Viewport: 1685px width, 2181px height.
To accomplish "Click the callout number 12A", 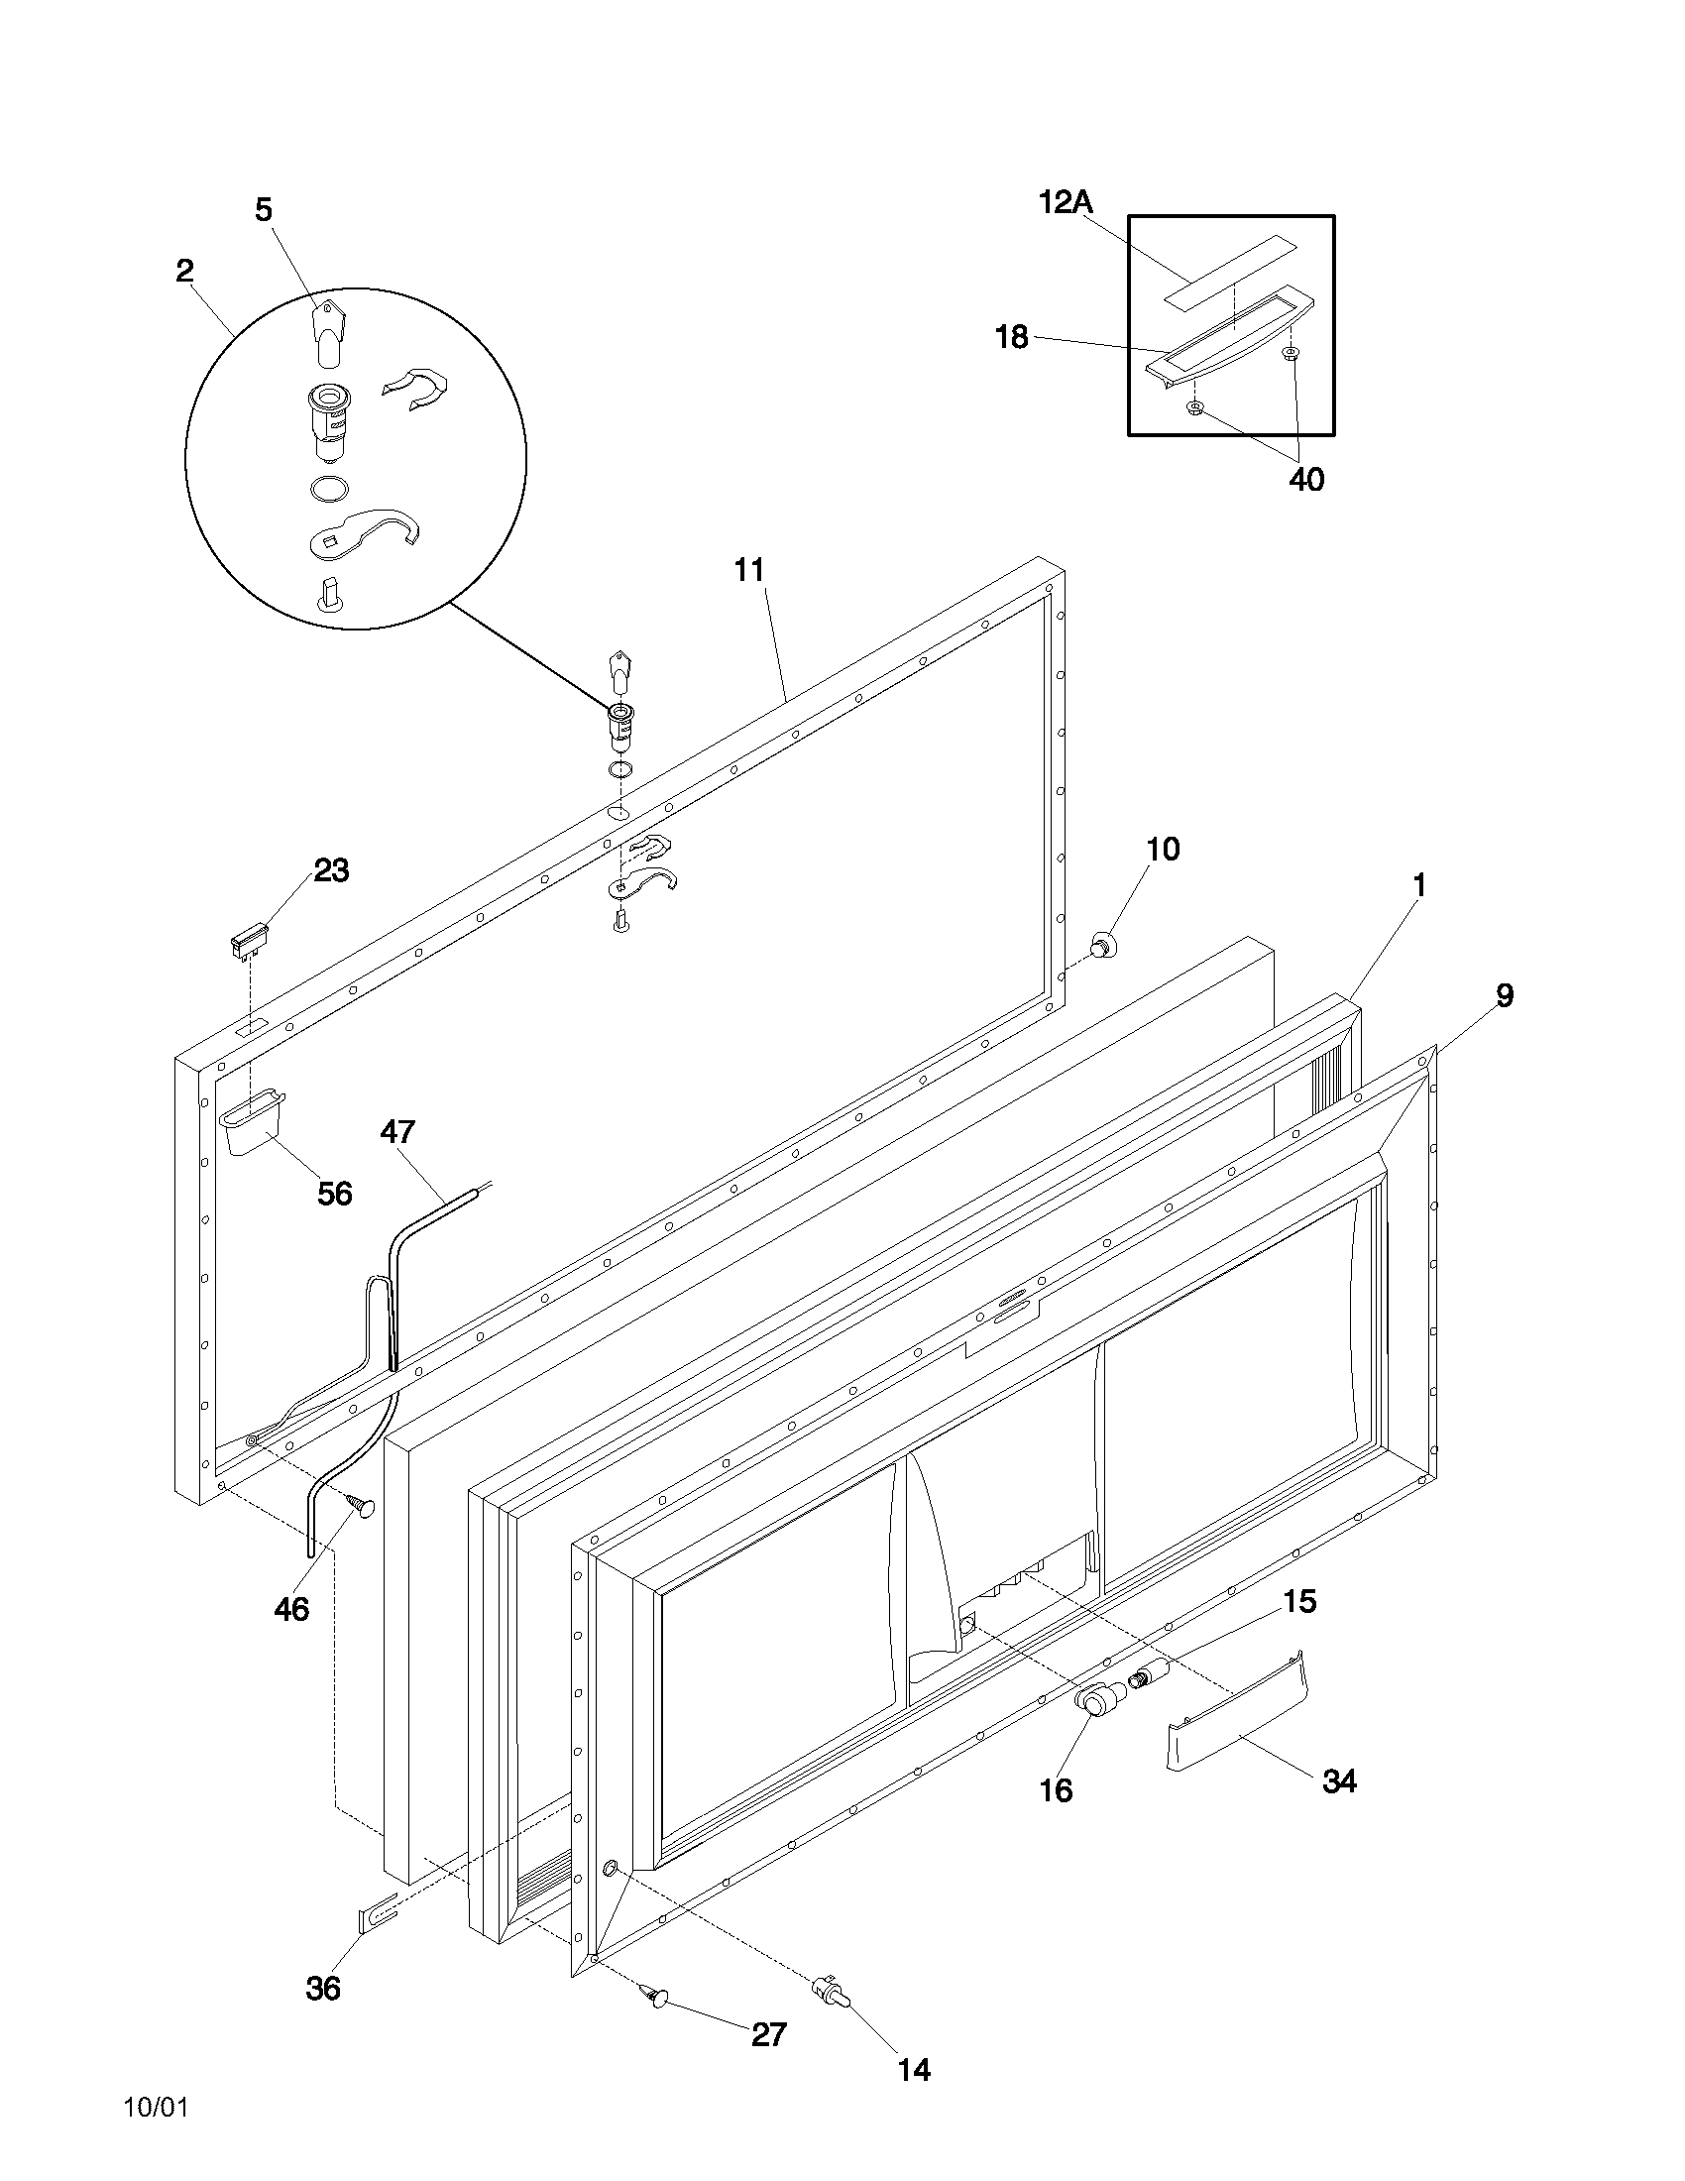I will [1066, 202].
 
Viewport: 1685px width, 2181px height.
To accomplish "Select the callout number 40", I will [1305, 480].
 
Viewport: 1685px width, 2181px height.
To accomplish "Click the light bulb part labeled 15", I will [1149, 1675].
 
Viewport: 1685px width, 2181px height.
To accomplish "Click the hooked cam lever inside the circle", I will [366, 531].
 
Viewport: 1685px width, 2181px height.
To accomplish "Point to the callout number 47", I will [397, 1131].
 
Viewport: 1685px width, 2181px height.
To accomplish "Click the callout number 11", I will [748, 570].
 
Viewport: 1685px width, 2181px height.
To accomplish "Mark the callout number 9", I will [1504, 994].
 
